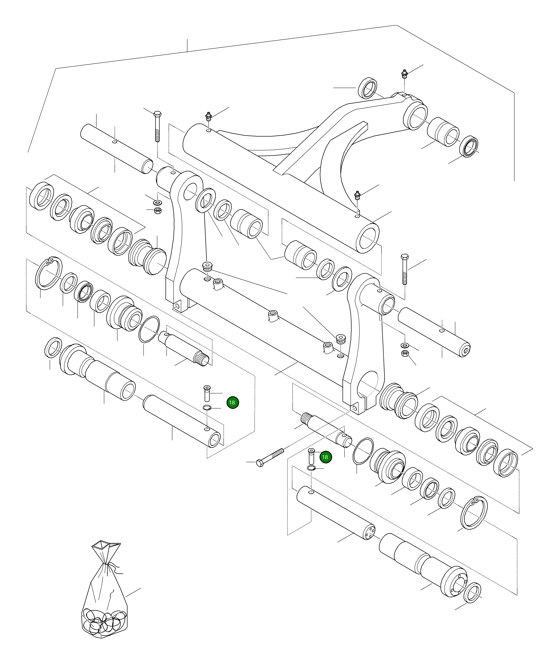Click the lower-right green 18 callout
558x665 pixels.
(x=325, y=457)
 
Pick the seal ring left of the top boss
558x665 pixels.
(x=368, y=88)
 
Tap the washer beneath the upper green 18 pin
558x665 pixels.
(x=206, y=407)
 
